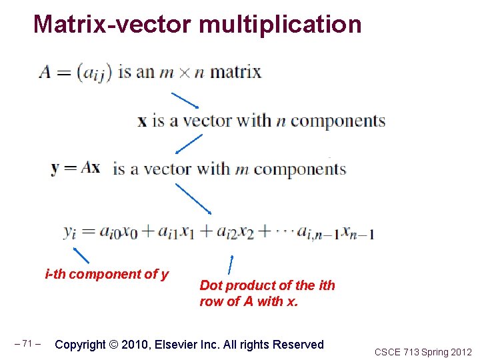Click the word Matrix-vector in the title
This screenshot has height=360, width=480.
tap(113, 25)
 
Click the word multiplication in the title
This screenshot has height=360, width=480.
tap(280, 25)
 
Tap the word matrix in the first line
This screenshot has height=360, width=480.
tap(236, 71)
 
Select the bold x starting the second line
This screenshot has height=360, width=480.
tap(142, 121)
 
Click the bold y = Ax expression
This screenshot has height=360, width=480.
tap(75, 167)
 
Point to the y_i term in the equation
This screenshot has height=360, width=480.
tap(71, 232)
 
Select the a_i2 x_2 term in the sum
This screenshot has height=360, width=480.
tap(233, 232)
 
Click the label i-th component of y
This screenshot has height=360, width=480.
tap(107, 274)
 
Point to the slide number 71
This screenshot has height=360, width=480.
tap(27, 344)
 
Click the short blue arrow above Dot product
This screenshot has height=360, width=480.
tap(231, 264)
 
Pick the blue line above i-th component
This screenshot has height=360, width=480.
tap(81, 255)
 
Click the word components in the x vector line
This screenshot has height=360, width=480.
tap(337, 121)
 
